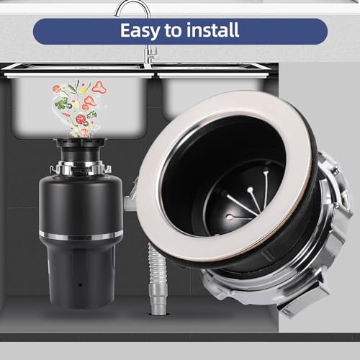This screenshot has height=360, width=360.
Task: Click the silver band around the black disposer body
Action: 81,235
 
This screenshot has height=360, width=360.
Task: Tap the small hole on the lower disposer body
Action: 80,283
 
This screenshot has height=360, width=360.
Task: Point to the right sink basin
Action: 209,94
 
